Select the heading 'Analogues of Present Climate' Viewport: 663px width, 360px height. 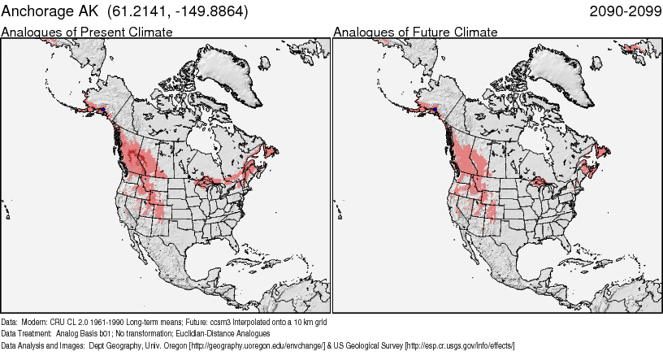pyautogui.click(x=87, y=32)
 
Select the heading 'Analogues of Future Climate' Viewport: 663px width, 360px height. pyautogui.click(x=415, y=32)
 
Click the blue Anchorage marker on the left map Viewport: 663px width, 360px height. pyautogui.click(x=103, y=109)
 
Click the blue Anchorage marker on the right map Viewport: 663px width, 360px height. pyautogui.click(x=435, y=109)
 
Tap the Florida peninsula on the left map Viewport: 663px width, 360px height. pyautogui.click(x=230, y=244)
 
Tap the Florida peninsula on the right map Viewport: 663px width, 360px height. pyautogui.click(x=561, y=244)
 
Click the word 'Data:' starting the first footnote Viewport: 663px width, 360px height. pyautogui.click(x=10, y=322)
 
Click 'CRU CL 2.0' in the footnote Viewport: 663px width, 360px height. pyautogui.click(x=71, y=322)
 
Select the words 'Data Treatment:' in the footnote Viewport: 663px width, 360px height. pyautogui.click(x=27, y=333)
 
